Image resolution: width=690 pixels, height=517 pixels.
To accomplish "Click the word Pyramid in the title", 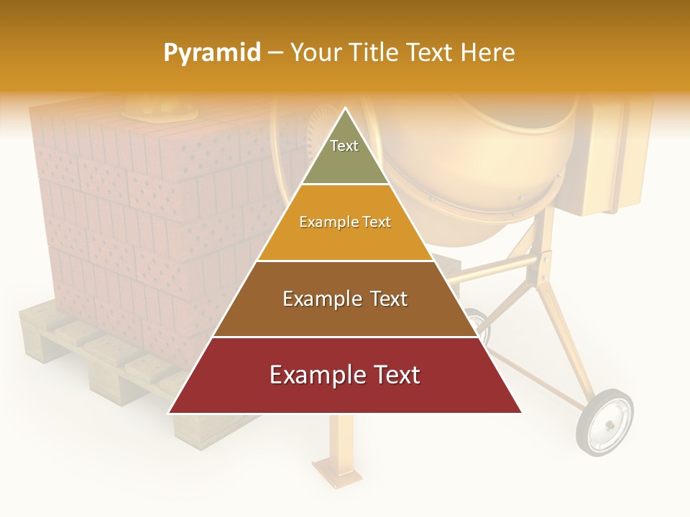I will coord(212,53).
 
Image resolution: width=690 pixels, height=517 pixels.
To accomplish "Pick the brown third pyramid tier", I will coord(345,316).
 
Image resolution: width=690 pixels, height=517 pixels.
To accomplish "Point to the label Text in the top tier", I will coord(344,146).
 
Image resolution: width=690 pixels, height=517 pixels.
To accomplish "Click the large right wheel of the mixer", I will coord(604,422).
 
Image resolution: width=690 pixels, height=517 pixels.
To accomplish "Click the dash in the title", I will coord(275,52).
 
